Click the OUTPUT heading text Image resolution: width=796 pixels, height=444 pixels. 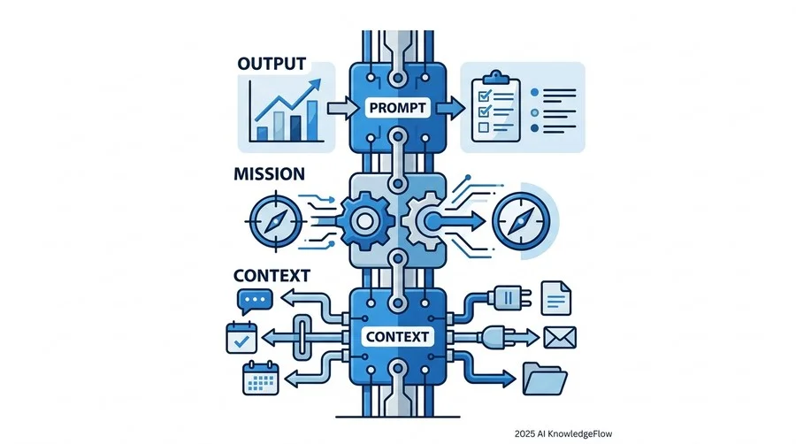[272, 64]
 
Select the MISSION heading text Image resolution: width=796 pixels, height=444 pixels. [269, 174]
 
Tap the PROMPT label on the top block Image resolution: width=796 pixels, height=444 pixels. [397, 108]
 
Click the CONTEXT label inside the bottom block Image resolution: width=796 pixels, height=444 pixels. [397, 336]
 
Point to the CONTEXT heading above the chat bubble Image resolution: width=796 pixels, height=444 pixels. [272, 276]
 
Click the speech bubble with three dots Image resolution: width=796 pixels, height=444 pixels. [255, 302]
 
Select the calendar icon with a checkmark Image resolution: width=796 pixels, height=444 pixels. [241, 338]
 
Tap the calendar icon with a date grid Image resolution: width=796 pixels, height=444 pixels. [261, 378]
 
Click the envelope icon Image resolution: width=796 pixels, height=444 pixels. [560, 338]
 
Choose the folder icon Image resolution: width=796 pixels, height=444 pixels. [545, 379]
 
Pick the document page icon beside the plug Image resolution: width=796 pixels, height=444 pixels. [556, 298]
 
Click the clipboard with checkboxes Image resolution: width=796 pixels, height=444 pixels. [496, 107]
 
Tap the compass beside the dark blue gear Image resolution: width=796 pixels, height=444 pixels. [275, 221]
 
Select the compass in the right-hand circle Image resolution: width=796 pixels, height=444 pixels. [521, 221]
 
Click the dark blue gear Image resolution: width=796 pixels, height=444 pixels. [365, 221]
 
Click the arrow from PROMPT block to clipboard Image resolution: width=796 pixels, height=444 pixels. [450, 108]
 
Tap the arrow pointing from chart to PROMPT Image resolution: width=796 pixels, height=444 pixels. [343, 108]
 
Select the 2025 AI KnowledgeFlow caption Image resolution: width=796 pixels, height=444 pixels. [563, 434]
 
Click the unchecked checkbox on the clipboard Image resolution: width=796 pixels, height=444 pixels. [483, 126]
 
